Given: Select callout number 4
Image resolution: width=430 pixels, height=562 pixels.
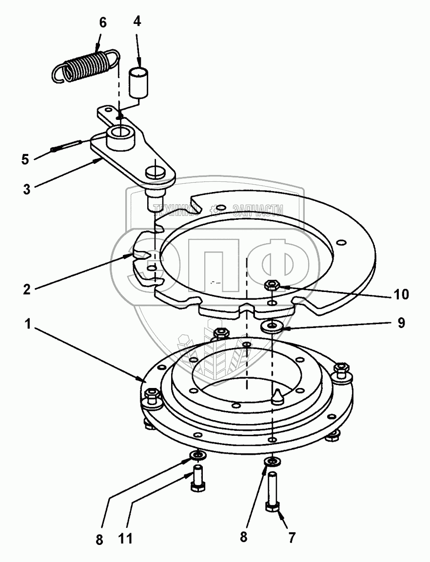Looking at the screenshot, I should [x=138, y=22].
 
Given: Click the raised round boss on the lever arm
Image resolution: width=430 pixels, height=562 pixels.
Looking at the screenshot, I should [x=120, y=138].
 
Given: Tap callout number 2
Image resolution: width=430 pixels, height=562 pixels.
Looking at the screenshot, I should [x=26, y=289].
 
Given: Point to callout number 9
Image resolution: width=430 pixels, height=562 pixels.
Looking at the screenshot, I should [x=401, y=323].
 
